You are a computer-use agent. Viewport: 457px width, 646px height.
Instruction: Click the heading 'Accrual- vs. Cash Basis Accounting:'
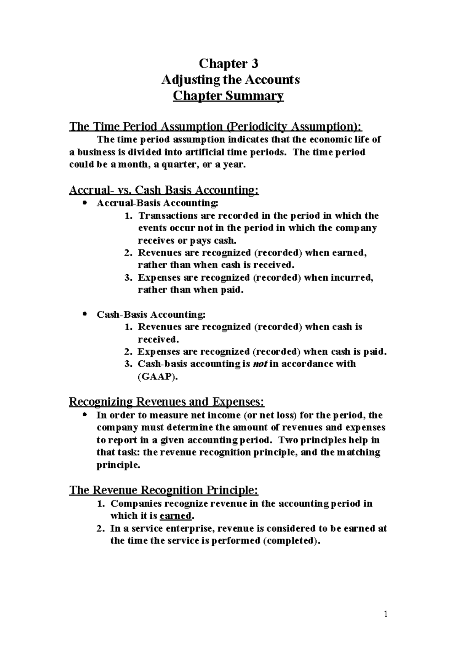(x=164, y=190)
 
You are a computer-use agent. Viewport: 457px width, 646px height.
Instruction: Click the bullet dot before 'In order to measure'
(x=85, y=414)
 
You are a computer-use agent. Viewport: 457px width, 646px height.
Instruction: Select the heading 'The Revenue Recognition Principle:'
(x=164, y=490)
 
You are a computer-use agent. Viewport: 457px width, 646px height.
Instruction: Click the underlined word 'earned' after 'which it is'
(x=175, y=516)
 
